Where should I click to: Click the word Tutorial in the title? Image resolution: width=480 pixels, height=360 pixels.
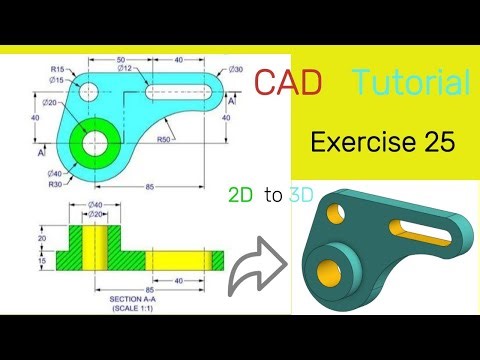click(410, 84)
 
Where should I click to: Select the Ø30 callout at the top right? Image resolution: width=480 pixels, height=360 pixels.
click(235, 68)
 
